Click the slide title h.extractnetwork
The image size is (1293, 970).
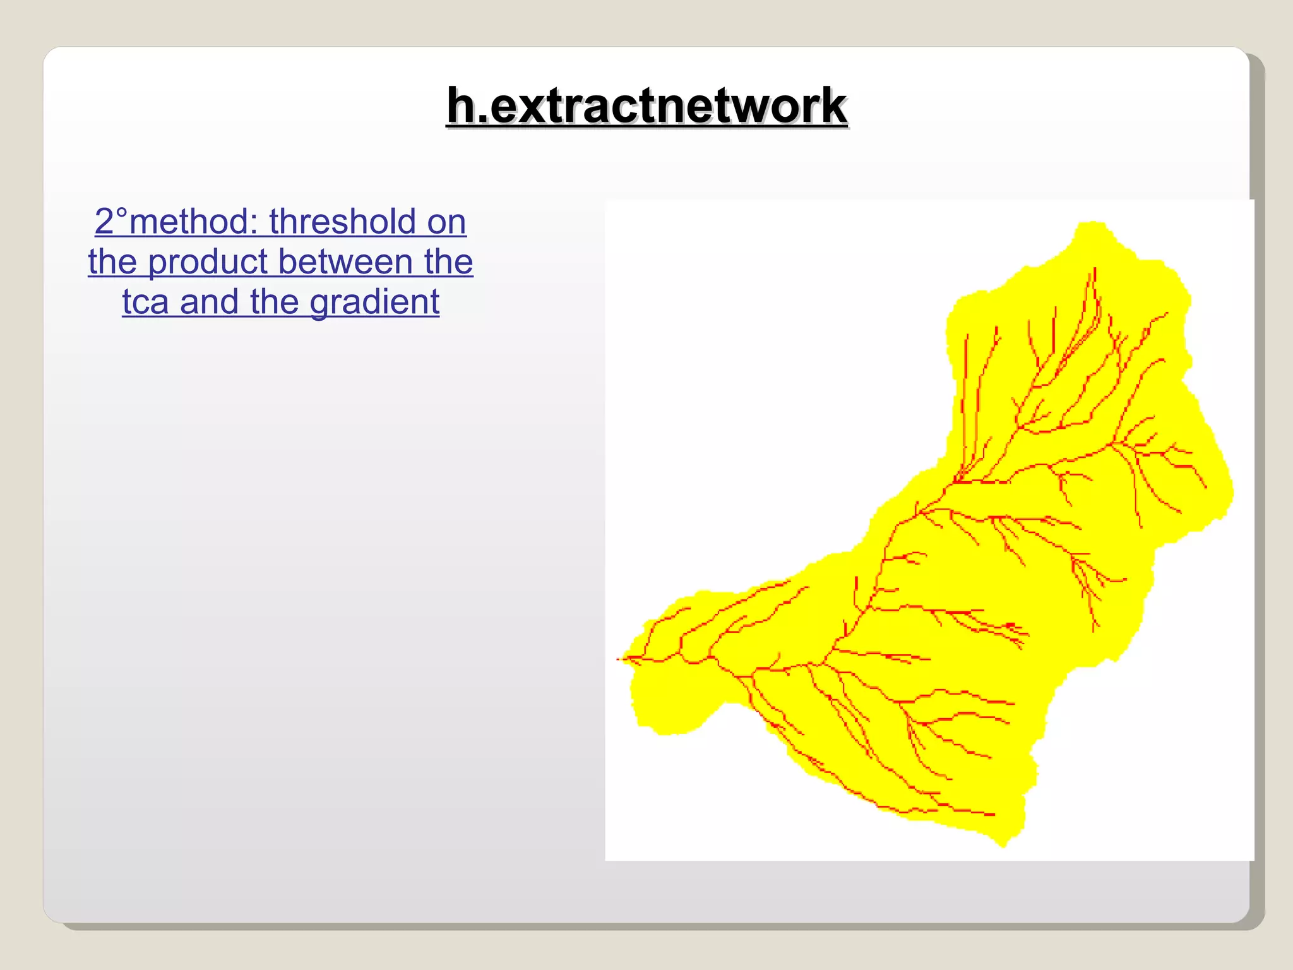point(646,105)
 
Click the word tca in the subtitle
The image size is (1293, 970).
point(145,302)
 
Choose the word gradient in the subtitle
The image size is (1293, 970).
point(374,302)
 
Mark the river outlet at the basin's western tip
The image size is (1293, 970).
point(619,659)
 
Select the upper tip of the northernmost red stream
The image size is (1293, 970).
point(1095,269)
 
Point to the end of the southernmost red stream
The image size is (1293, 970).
point(994,815)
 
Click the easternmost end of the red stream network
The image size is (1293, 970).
point(1206,487)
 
